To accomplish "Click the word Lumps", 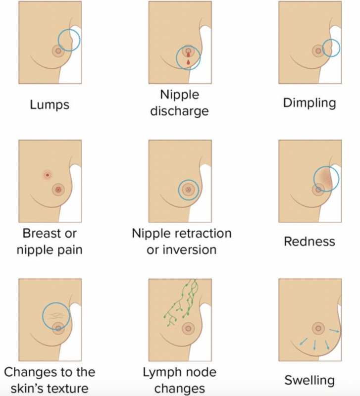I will [50, 104].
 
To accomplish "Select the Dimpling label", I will [309, 103].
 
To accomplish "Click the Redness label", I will [309, 242].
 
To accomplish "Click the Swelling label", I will [309, 380].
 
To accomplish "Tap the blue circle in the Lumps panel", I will [69, 40].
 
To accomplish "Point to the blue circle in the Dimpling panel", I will [331, 48].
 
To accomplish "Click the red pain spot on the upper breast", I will [47, 175].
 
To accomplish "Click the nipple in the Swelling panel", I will [318, 328].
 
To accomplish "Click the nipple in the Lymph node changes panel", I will [188, 328].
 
